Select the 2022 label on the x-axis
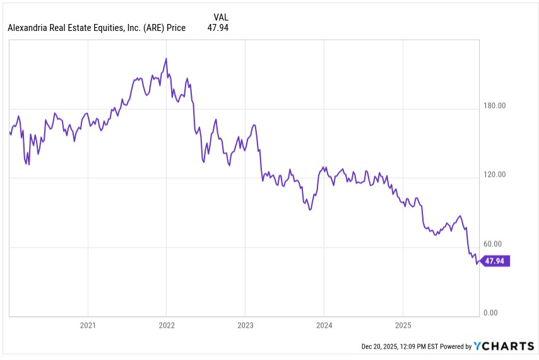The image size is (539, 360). pyautogui.click(x=166, y=326)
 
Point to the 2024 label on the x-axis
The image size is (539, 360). pyautogui.click(x=324, y=326)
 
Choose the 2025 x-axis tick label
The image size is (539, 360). pyautogui.click(x=403, y=326)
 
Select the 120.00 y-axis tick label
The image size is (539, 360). pyautogui.click(x=494, y=175)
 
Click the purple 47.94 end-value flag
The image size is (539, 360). pyautogui.click(x=495, y=261)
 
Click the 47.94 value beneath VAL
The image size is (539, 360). pyautogui.click(x=218, y=28)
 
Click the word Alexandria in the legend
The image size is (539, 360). pyautogui.click(x=29, y=28)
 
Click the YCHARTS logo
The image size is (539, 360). pyautogui.click(x=504, y=346)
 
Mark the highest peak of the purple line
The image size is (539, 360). pyautogui.click(x=166, y=58)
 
